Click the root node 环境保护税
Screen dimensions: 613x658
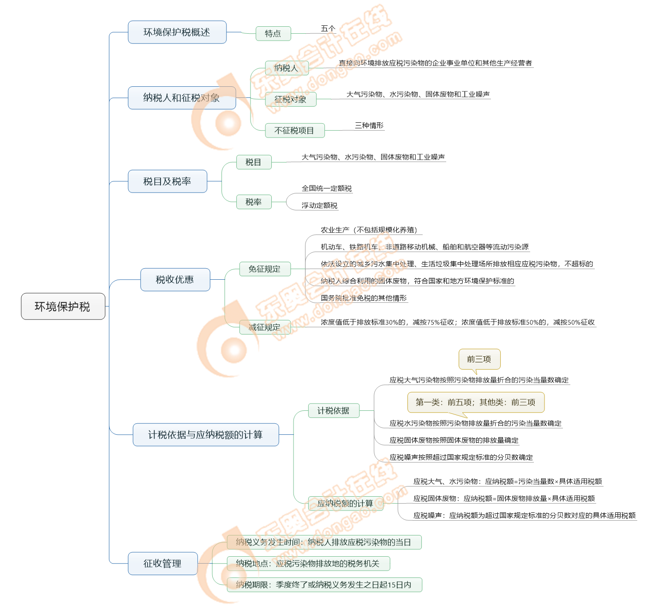click(x=63, y=306)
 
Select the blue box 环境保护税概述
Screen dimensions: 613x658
click(x=177, y=32)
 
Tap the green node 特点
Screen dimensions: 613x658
click(x=273, y=34)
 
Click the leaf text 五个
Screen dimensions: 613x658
click(x=328, y=29)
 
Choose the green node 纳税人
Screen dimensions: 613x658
click(x=287, y=68)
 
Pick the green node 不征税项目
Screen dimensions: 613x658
click(x=294, y=131)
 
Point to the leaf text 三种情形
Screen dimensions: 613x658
click(x=369, y=126)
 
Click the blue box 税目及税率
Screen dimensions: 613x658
click(x=167, y=181)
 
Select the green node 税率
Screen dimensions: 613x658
click(x=253, y=202)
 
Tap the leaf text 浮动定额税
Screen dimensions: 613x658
click(x=319, y=205)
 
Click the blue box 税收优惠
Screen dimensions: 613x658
click(x=175, y=280)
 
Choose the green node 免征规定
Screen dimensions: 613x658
click(x=264, y=269)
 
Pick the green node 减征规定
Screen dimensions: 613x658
click(x=264, y=327)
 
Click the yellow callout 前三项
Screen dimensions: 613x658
click(x=479, y=359)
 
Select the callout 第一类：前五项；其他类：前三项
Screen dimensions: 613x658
click(x=476, y=402)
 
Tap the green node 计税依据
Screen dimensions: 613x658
click(x=333, y=411)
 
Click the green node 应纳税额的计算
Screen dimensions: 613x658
click(x=345, y=504)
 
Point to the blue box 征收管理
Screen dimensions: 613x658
click(x=162, y=564)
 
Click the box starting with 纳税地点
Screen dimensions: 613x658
click(x=308, y=564)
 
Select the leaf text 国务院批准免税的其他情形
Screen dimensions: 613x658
click(x=364, y=298)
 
